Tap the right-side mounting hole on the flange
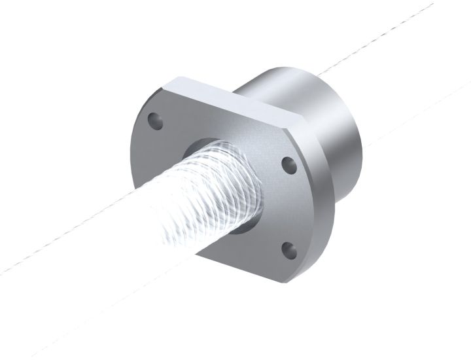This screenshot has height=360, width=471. click(287, 165)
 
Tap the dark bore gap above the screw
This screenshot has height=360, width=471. click(216, 142)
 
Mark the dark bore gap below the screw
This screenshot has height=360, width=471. click(242, 226)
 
